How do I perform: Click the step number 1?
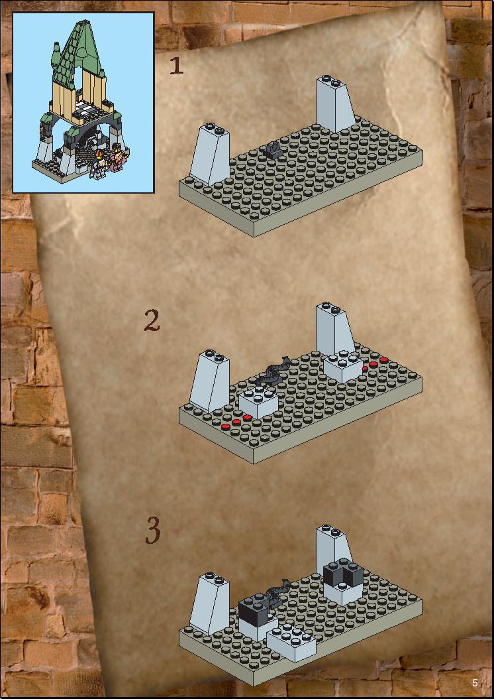click(177, 66)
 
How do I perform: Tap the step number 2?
click(152, 321)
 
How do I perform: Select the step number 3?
click(153, 530)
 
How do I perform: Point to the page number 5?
click(475, 683)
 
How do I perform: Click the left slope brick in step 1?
click(210, 154)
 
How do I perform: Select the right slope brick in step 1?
click(336, 104)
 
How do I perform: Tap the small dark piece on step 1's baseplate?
click(273, 151)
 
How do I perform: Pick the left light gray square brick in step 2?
click(258, 402)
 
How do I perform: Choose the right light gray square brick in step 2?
click(342, 367)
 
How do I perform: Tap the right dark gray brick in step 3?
click(344, 572)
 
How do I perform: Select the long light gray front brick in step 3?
click(291, 642)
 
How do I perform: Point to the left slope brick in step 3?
click(210, 604)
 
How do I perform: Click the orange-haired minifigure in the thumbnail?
click(99, 165)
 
